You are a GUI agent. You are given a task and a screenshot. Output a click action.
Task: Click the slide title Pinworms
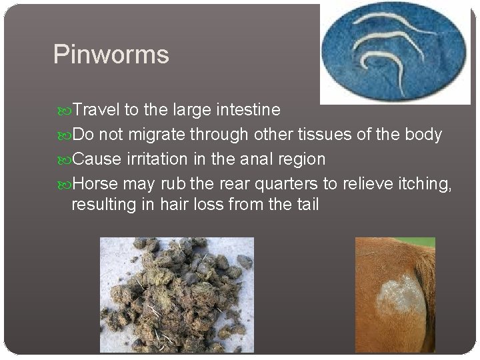click(x=111, y=55)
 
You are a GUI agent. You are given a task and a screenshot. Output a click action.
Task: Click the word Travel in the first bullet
click(x=94, y=109)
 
